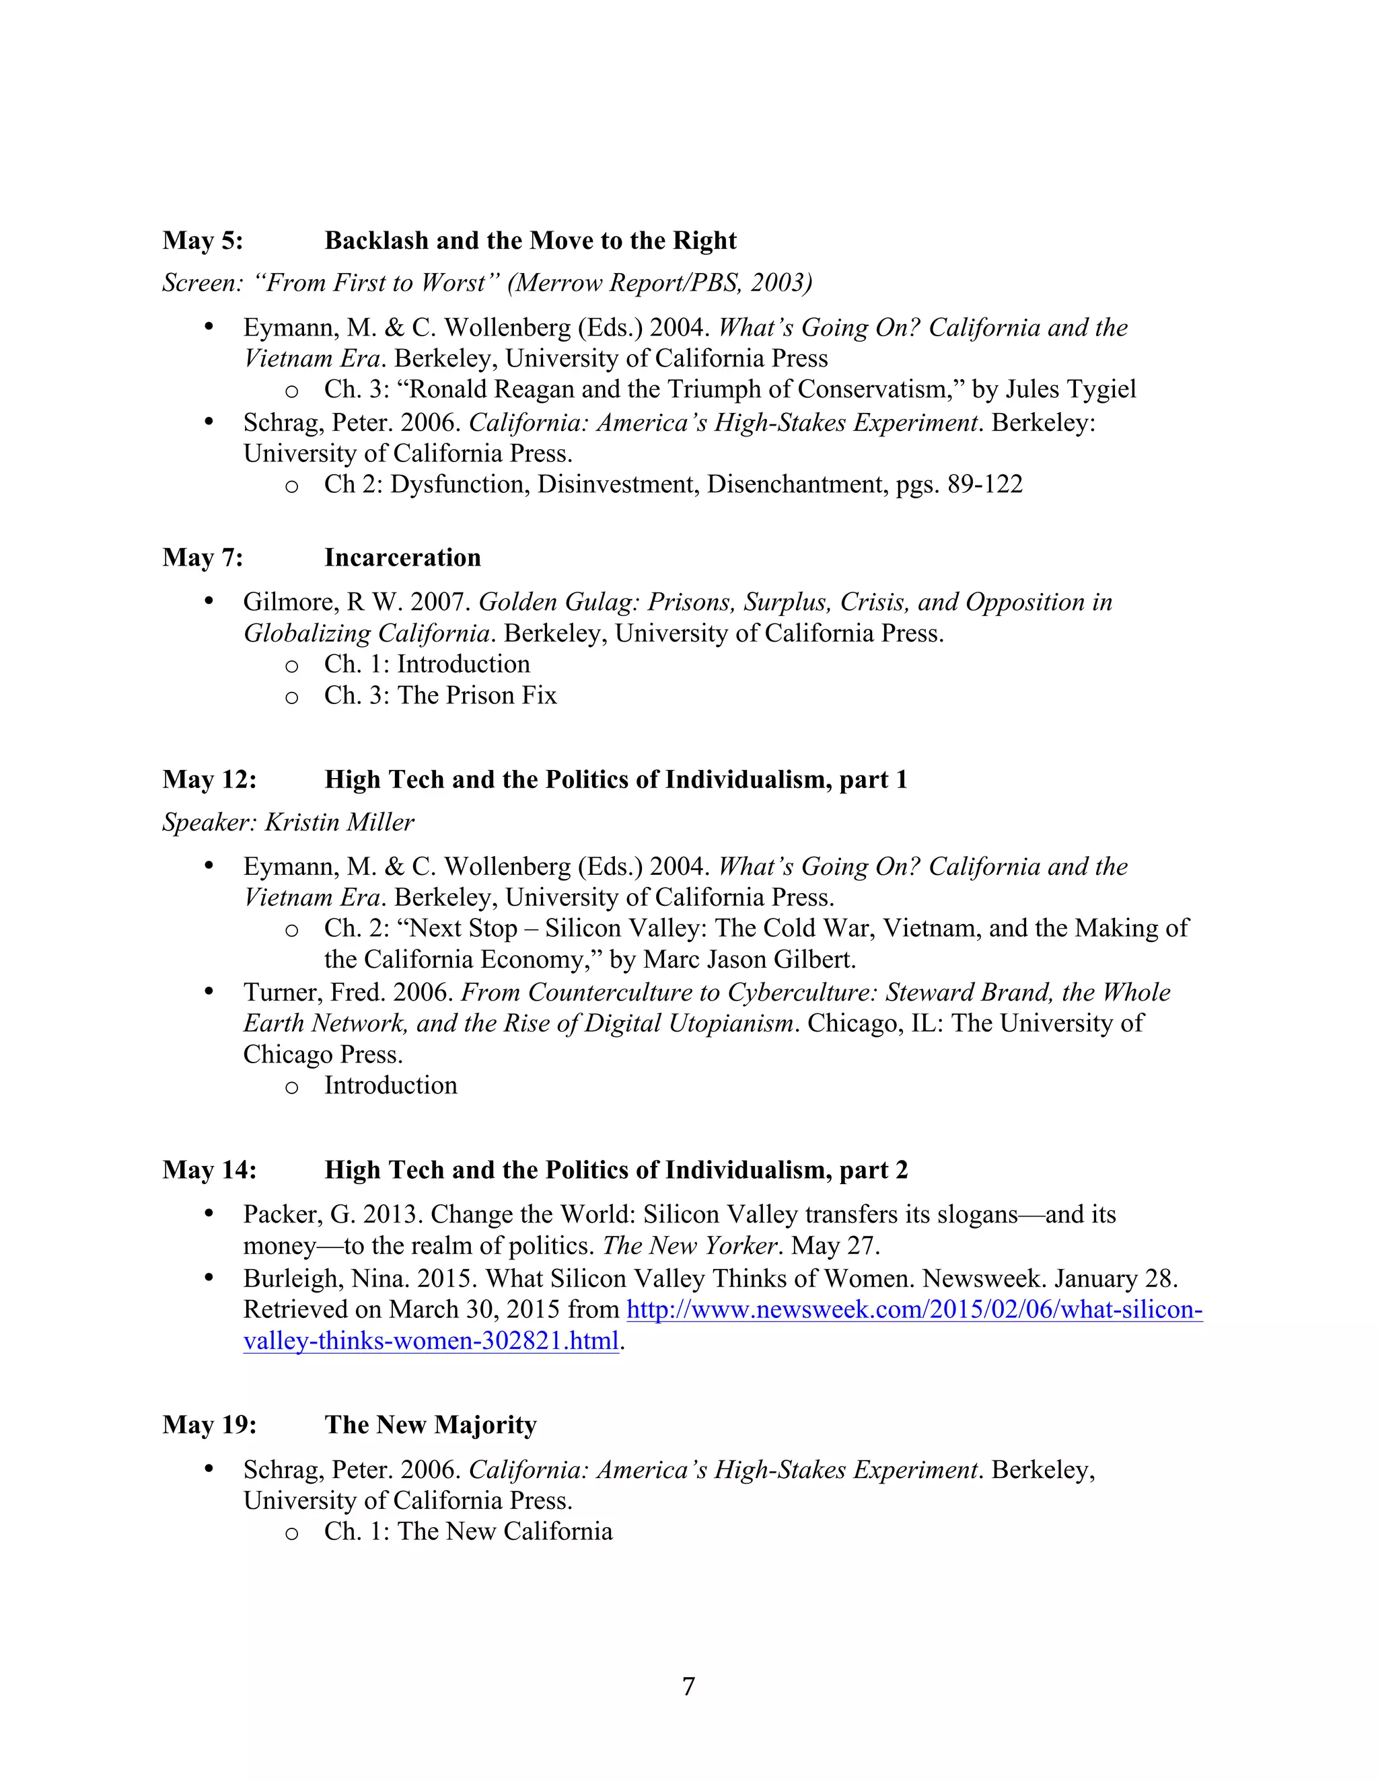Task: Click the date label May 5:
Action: point(203,241)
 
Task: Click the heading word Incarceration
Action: point(402,557)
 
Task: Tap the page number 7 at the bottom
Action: point(688,1686)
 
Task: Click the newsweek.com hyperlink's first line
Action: point(914,1309)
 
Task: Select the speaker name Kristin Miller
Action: point(340,822)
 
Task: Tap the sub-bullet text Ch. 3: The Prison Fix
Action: point(440,695)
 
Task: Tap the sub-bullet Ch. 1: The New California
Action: point(468,1531)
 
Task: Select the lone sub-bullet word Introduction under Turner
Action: point(390,1086)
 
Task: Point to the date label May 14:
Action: point(209,1170)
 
